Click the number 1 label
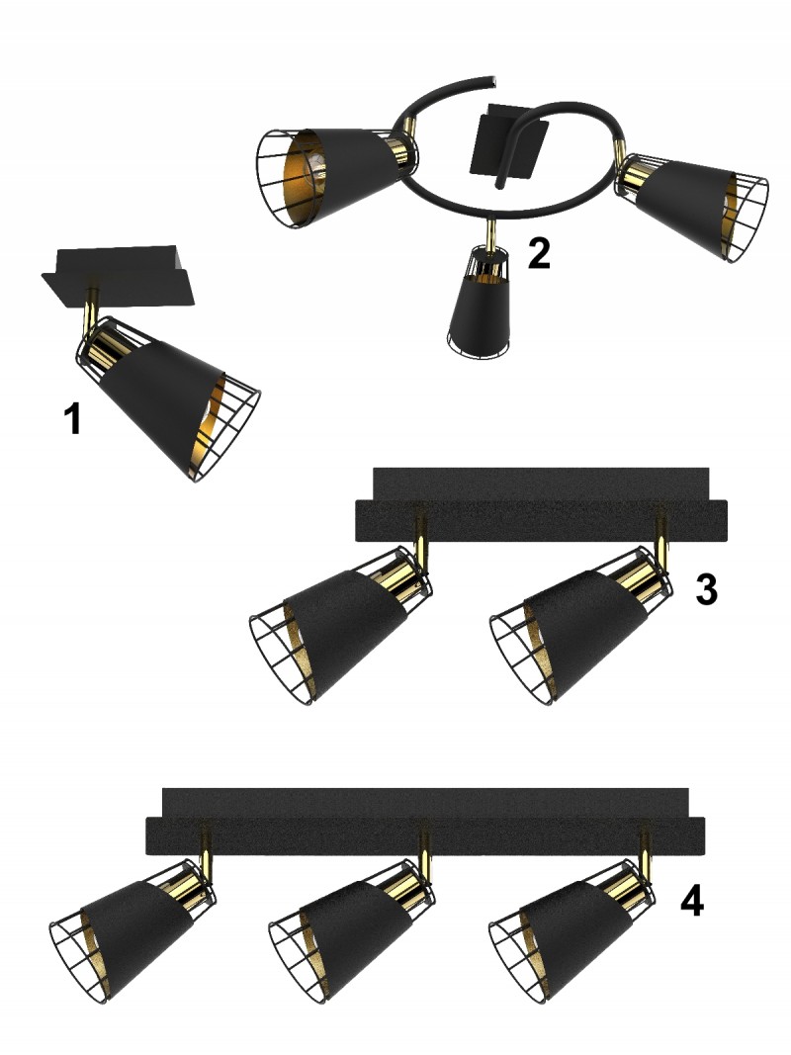[x=73, y=418]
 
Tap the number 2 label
[x=540, y=253]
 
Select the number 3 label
[x=706, y=589]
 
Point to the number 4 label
[x=692, y=900]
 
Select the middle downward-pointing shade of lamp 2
[x=480, y=303]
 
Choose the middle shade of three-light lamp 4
[x=351, y=930]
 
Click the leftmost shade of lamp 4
[x=132, y=930]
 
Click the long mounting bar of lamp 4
[x=425, y=821]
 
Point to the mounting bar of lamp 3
[x=541, y=504]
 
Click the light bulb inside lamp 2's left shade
[x=315, y=168]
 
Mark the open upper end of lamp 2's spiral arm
[x=493, y=81]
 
